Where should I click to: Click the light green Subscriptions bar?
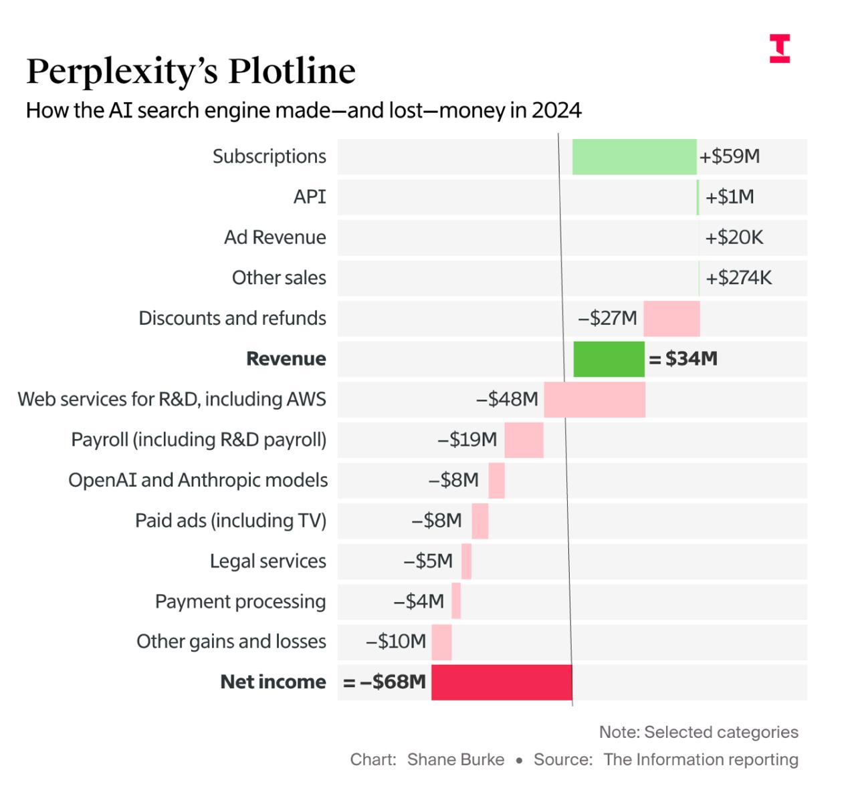(634, 157)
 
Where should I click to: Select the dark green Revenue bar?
(609, 359)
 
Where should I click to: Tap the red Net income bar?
(502, 682)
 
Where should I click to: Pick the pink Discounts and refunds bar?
(671, 319)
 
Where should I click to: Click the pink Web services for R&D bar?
(595, 400)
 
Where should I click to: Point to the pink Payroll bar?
(524, 440)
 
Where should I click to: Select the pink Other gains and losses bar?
(441, 642)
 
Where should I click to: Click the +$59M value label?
(730, 156)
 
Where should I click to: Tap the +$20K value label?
(734, 237)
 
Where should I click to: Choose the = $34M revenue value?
(683, 359)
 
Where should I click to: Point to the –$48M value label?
(507, 400)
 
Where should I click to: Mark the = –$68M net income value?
(385, 682)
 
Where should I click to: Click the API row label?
(310, 197)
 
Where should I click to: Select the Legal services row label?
(267, 561)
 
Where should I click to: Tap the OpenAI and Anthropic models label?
(198, 481)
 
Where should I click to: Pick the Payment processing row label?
(240, 602)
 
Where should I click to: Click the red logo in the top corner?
(779, 49)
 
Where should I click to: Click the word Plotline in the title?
(292, 71)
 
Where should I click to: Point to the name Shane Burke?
(455, 760)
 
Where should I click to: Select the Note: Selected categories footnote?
(698, 733)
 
